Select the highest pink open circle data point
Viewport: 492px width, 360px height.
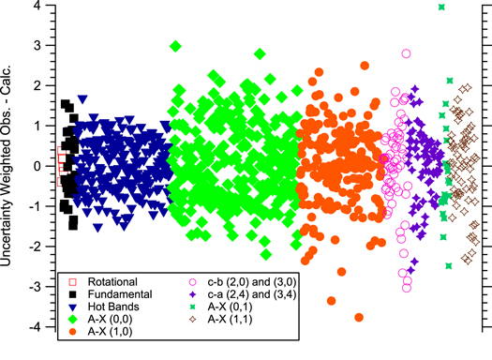pyautogui.click(x=406, y=53)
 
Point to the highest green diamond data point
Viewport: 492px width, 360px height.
pyautogui.click(x=175, y=46)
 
